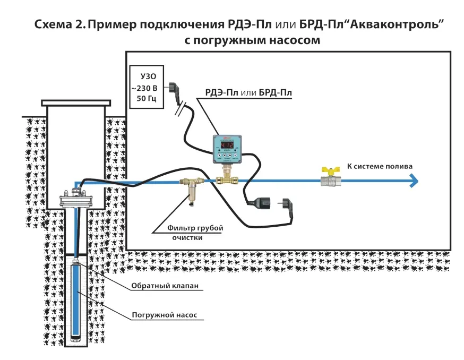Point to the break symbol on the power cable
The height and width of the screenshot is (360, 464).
click(x=182, y=108)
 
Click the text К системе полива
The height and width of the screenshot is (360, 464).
click(x=379, y=166)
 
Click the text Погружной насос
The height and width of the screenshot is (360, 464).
click(x=165, y=315)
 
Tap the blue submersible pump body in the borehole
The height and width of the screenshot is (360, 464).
click(x=78, y=303)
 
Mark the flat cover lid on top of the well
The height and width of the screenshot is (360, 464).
click(x=76, y=102)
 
